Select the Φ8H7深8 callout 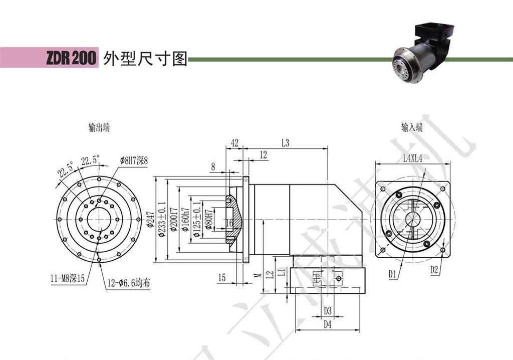coord(134,160)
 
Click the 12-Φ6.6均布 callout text coord(128,283)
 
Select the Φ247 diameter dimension coord(150,220)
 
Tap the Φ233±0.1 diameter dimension coord(161,220)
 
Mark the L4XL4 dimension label coord(413,158)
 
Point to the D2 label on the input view coord(434,270)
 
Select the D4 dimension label coord(327,324)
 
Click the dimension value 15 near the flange coord(222,277)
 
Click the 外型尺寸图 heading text coord(144,59)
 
